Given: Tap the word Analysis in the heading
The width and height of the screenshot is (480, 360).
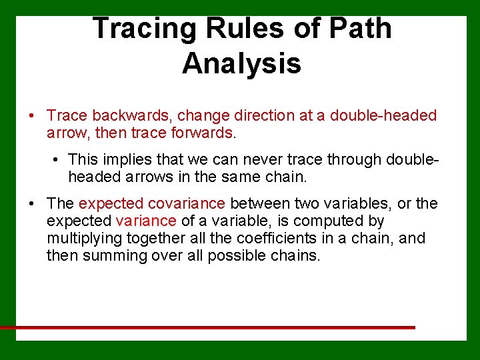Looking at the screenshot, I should [x=241, y=64].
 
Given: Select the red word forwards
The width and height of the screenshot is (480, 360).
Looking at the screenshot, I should [x=199, y=133].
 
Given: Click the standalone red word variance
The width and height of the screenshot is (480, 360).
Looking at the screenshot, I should [x=146, y=221].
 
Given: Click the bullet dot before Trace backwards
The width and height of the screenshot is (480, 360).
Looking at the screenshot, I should [x=31, y=116].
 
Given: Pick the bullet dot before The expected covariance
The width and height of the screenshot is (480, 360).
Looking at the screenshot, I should [x=31, y=204].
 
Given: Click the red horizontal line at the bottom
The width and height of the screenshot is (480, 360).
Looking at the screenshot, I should [x=207, y=327].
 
